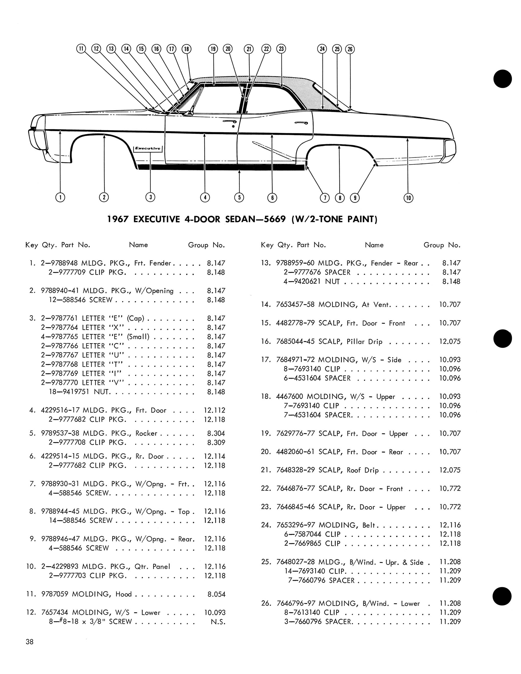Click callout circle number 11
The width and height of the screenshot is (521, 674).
(81, 49)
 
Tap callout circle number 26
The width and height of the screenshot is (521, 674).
(350, 49)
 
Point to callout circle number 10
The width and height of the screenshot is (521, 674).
(408, 198)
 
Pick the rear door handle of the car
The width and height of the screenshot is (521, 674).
(301, 124)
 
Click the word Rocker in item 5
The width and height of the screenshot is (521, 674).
(146, 433)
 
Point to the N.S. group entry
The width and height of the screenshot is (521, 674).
(218, 622)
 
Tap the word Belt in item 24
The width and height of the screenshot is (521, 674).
(369, 525)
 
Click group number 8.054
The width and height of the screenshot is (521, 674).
(216, 594)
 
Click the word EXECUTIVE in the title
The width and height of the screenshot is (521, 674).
(157, 219)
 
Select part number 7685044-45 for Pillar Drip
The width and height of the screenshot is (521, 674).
(296, 342)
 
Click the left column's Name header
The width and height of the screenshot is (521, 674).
(138, 245)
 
